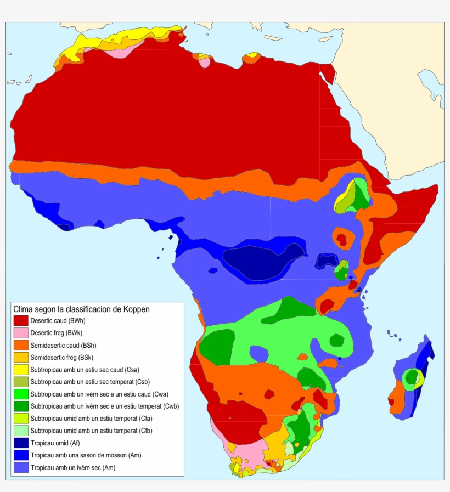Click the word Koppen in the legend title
point(136,309)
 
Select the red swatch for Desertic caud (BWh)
point(21,321)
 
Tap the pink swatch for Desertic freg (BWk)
point(21,333)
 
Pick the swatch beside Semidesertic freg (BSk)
point(21,358)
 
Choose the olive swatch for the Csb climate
point(21,382)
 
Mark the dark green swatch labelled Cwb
point(21,406)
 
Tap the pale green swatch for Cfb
point(21,431)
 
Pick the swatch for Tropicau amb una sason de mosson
point(21,455)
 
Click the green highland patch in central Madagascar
point(410,377)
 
